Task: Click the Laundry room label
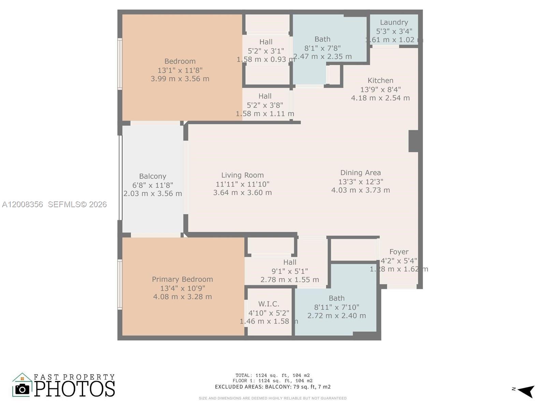pos(394,22)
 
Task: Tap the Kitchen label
pos(380,81)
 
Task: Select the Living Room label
pos(242,175)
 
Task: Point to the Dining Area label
pos(360,173)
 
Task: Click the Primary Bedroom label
pos(182,279)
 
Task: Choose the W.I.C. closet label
pos(269,304)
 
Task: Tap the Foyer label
pos(399,252)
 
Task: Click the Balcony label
pos(153,177)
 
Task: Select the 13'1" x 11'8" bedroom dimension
pos(180,70)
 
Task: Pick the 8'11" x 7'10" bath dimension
pos(336,307)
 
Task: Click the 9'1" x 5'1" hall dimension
pos(289,271)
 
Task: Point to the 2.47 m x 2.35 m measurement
pos(322,57)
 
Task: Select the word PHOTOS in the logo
pos(74,389)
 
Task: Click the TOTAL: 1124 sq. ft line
pos(272,375)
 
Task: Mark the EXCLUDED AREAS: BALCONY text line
pos(272,387)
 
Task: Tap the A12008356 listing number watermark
pos(23,204)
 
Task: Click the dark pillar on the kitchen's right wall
pos(414,141)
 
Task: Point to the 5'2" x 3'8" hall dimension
pos(265,105)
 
